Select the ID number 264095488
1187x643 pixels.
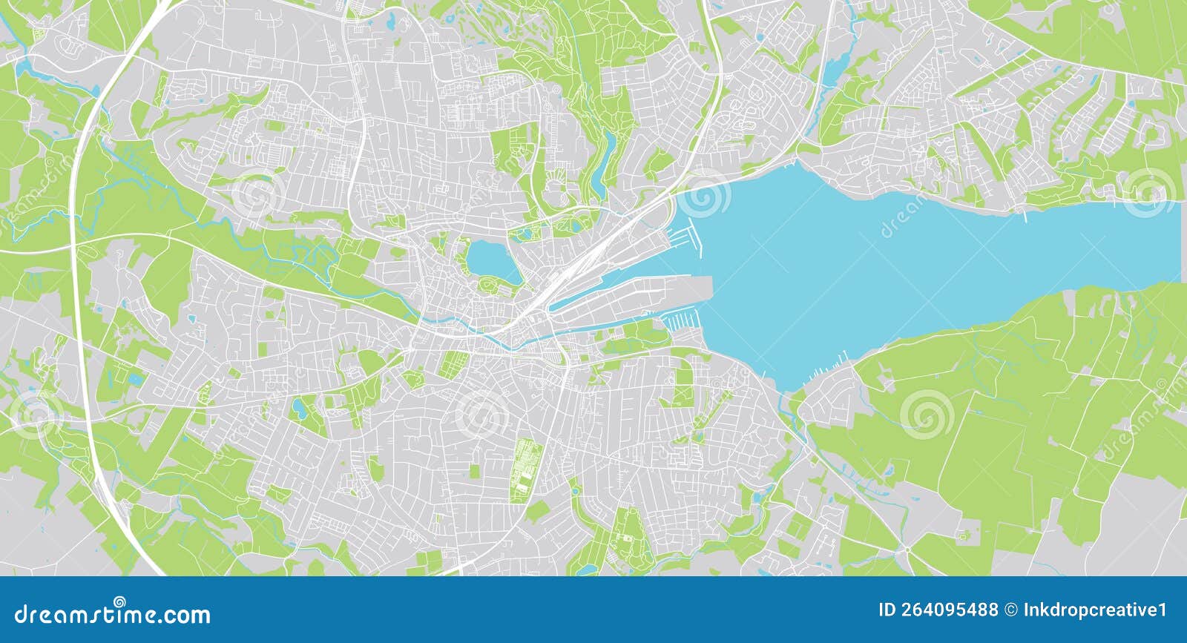coord(938,610)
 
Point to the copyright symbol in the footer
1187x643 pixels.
coord(1010,610)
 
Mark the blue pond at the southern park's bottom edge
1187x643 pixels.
coord(586,570)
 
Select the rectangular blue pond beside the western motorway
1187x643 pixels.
coord(136,380)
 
